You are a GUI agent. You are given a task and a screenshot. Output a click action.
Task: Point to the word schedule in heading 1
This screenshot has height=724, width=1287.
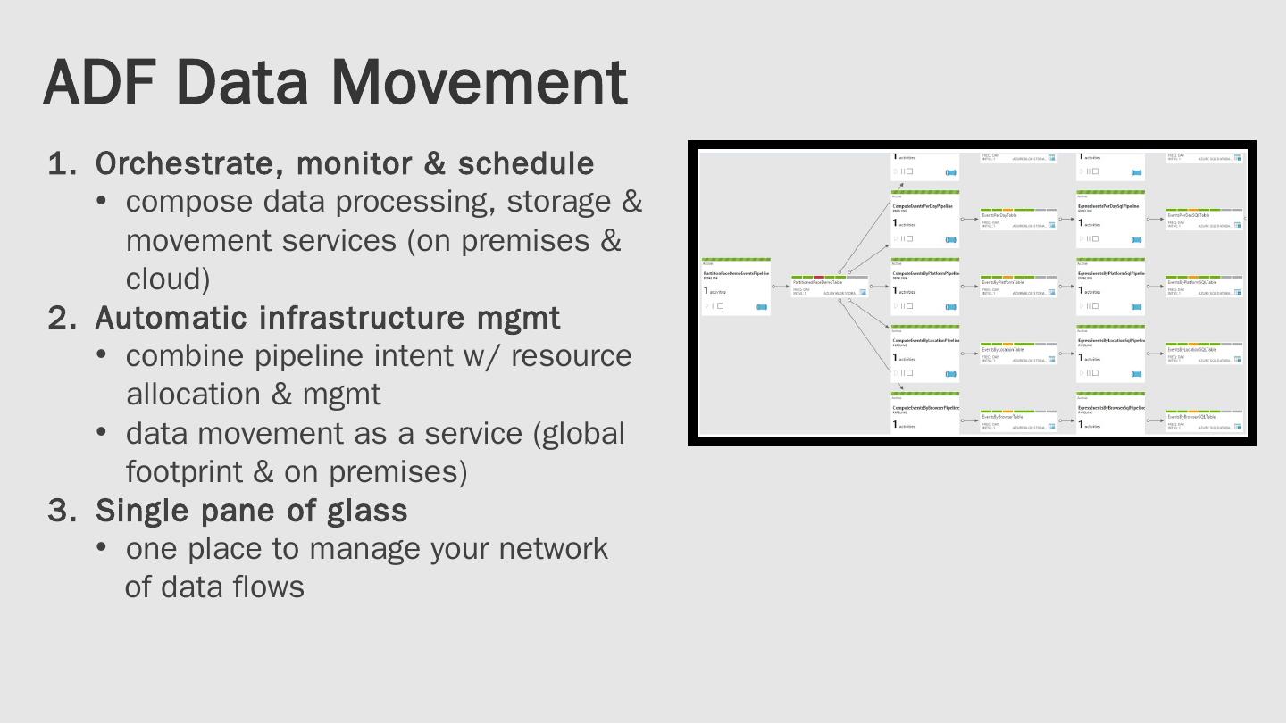pos(525,164)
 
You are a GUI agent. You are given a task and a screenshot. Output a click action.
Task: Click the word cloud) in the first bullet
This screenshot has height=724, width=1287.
pos(168,279)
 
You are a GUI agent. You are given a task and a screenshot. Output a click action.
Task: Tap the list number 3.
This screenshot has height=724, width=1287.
pos(61,510)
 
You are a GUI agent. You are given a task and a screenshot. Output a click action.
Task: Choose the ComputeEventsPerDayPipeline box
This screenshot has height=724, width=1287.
pos(923,219)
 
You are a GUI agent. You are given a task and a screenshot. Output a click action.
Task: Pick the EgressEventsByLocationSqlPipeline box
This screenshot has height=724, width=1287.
pos(1110,354)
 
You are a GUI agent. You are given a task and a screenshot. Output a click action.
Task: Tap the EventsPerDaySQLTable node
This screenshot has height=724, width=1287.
pos(1204,219)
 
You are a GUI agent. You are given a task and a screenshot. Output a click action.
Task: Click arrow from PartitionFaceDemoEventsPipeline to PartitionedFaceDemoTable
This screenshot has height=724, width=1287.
pos(781,287)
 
